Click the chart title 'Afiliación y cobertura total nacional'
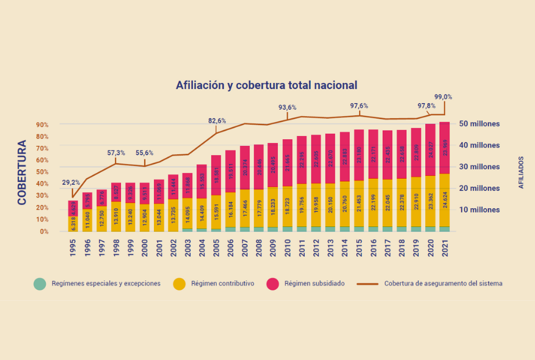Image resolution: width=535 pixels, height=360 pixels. [x=266, y=85]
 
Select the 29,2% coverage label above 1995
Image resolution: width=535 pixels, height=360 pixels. [x=71, y=182]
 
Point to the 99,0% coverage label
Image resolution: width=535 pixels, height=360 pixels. [x=443, y=96]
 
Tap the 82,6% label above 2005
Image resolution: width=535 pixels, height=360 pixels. [x=217, y=121]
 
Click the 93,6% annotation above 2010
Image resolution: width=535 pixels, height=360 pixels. [x=288, y=107]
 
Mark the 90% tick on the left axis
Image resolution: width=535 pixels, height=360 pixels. [x=42, y=125]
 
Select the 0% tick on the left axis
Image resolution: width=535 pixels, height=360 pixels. [x=44, y=232]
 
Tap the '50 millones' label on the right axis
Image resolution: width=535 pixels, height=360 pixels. [x=479, y=124]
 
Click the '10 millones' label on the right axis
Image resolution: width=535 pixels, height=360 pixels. [x=479, y=210]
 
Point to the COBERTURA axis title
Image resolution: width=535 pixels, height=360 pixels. [x=22, y=172]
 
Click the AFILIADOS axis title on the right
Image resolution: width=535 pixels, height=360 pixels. [x=521, y=171]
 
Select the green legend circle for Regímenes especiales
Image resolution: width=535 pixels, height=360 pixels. [x=40, y=284]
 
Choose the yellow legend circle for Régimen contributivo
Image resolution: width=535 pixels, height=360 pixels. [x=179, y=284]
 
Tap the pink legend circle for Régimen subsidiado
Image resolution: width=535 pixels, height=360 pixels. [x=273, y=284]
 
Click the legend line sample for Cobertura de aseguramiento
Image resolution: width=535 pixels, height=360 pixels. [x=367, y=284]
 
